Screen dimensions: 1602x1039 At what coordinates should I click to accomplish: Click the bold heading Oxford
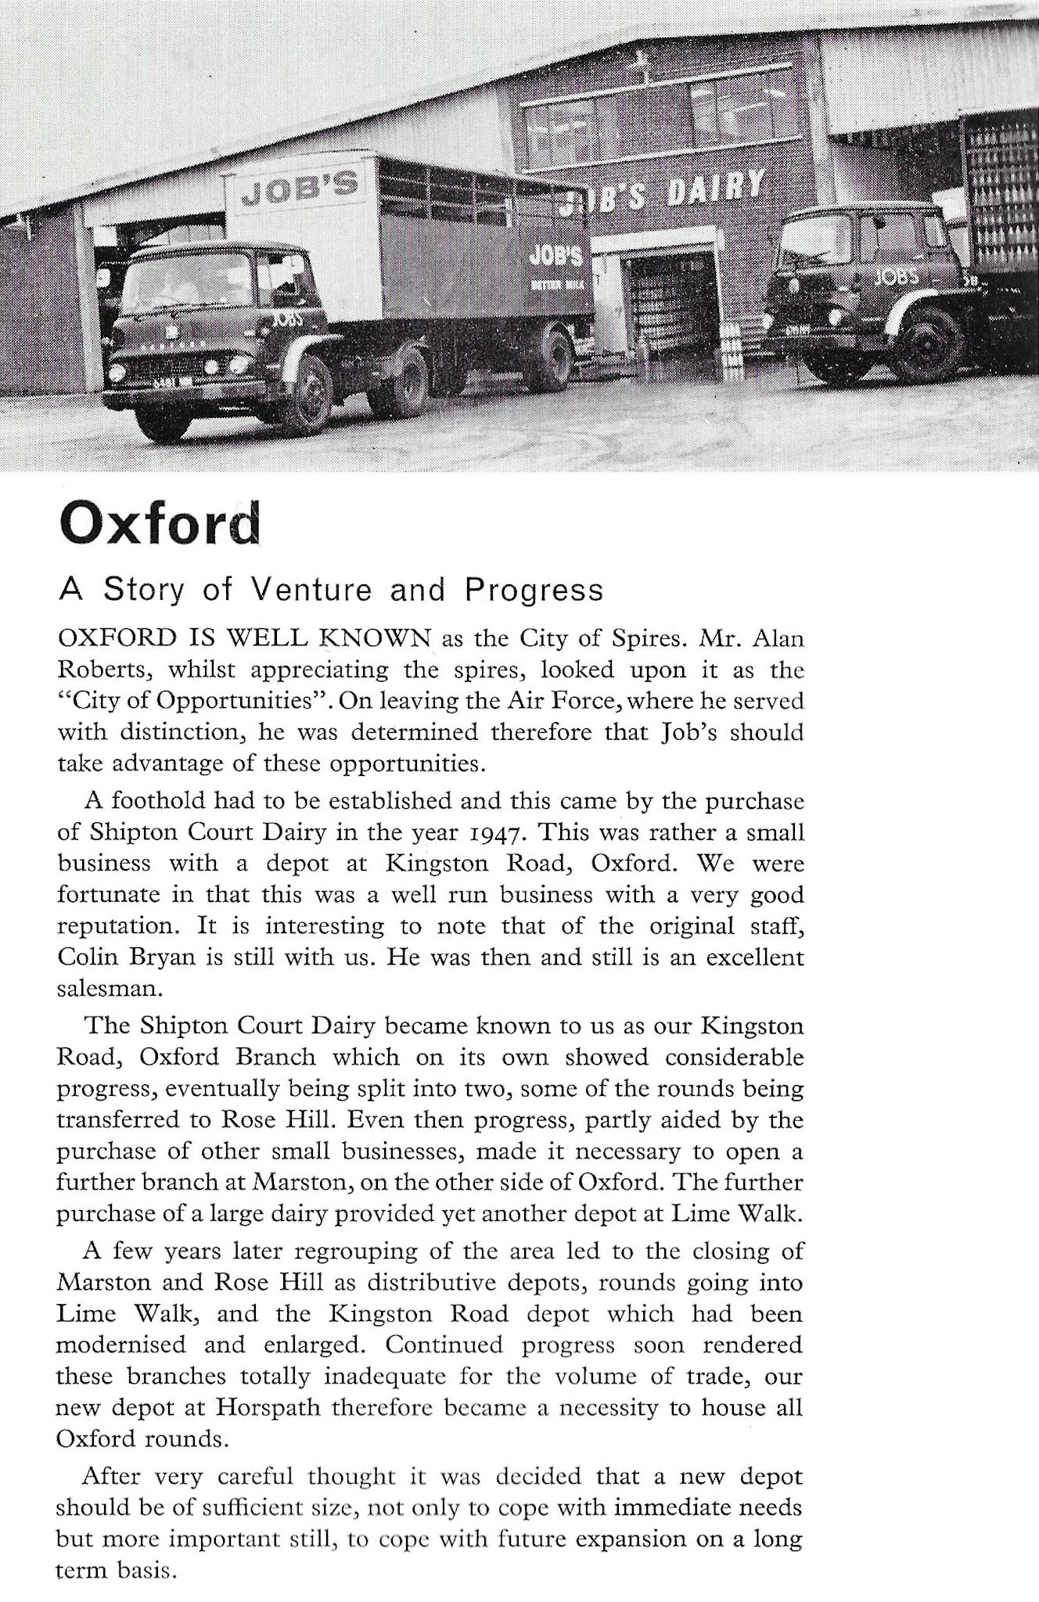point(159,526)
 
